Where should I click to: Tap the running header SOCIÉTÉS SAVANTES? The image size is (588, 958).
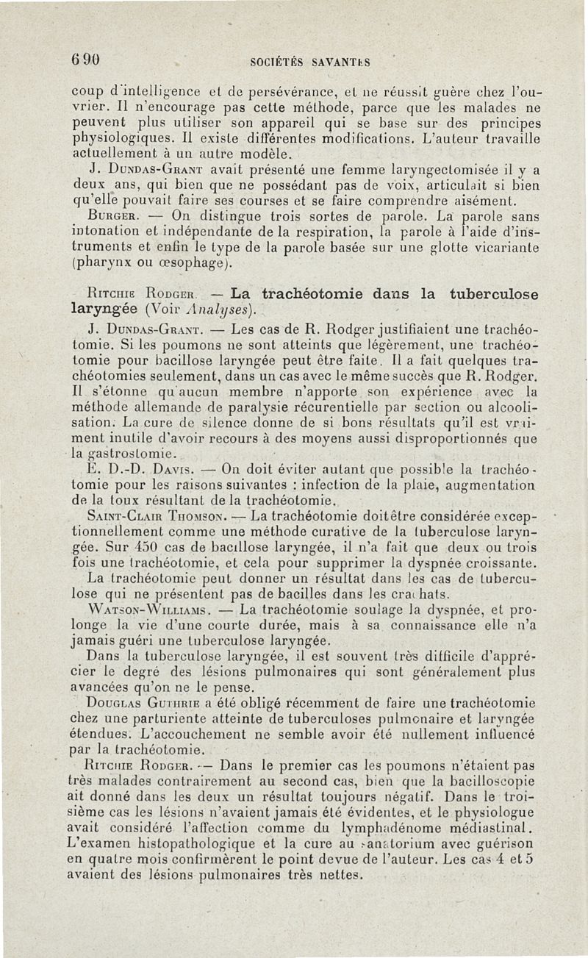point(312,62)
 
